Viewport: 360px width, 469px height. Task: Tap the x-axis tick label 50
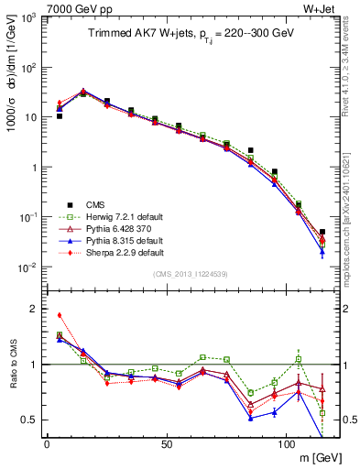166,442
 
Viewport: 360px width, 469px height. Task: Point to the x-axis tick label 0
47,442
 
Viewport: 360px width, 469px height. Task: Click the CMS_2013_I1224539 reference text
189,274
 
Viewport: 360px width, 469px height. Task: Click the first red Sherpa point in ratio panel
60,315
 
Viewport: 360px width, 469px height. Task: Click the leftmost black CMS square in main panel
60,116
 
